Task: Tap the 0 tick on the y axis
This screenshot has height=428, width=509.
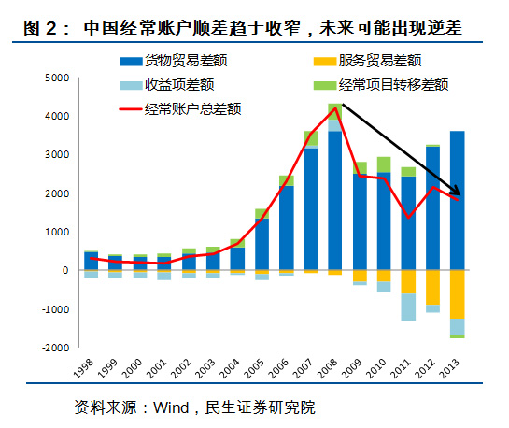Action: point(65,270)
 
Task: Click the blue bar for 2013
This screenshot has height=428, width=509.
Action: point(457,201)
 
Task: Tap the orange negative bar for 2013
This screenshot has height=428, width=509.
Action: point(457,294)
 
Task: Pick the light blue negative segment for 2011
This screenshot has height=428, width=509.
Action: point(408,307)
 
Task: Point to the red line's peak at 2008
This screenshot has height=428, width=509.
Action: point(334,108)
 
